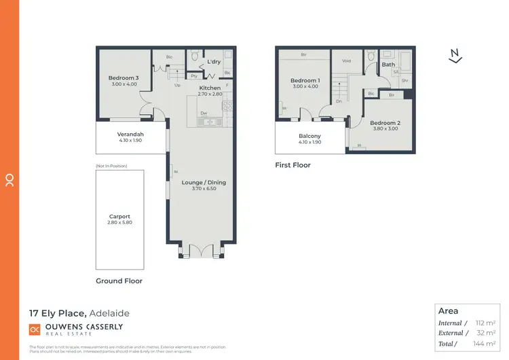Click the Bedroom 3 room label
pyautogui.click(x=124, y=78)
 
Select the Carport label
pyautogui.click(x=119, y=217)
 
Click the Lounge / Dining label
pyautogui.click(x=204, y=182)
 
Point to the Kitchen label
pyautogui.click(x=210, y=88)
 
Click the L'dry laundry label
pyautogui.click(x=214, y=62)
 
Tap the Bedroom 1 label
pyautogui.click(x=305, y=81)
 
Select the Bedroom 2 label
pyautogui.click(x=384, y=122)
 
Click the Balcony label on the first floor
pyautogui.click(x=309, y=136)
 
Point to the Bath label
pyautogui.click(x=388, y=65)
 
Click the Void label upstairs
pyautogui.click(x=346, y=60)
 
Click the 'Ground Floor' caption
pyautogui.click(x=119, y=281)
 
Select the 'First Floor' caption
pyautogui.click(x=293, y=165)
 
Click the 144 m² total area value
pyautogui.click(x=485, y=344)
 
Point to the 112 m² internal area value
pyautogui.click(x=485, y=323)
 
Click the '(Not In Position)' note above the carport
pyautogui.click(x=112, y=166)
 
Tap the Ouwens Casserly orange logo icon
pyautogui.click(x=35, y=329)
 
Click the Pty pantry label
pyautogui.click(x=193, y=76)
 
